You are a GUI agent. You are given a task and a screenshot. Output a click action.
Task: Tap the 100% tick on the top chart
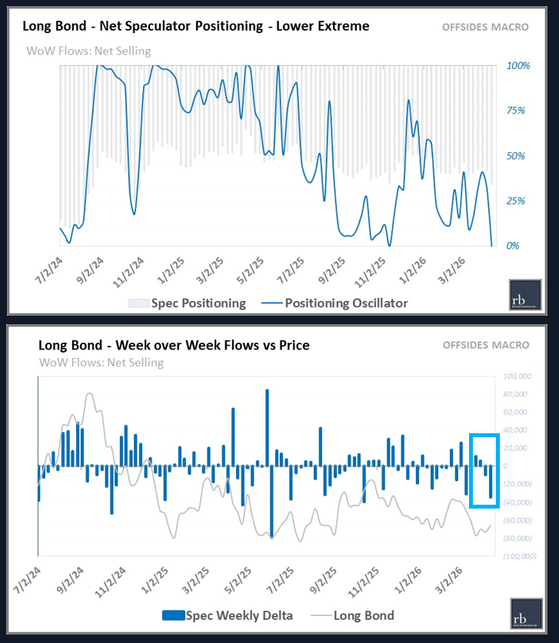(518, 66)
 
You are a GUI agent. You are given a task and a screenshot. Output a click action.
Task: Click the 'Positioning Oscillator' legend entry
(346, 303)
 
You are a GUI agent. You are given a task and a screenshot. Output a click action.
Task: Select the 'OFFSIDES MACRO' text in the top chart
(485, 27)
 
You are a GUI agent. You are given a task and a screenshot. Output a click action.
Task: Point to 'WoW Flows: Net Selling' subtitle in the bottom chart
(101, 362)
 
